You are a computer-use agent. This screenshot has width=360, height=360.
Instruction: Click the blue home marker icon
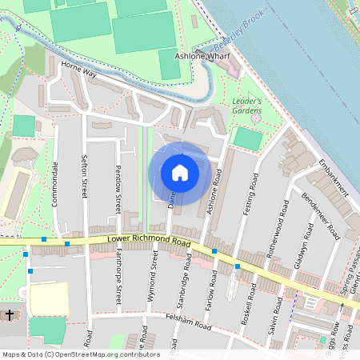pos(180,173)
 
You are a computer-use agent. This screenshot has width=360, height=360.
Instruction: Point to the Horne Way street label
pos(78,73)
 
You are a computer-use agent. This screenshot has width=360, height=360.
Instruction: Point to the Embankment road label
pos(334,177)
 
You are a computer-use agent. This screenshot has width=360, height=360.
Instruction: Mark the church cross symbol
pos(10,314)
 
